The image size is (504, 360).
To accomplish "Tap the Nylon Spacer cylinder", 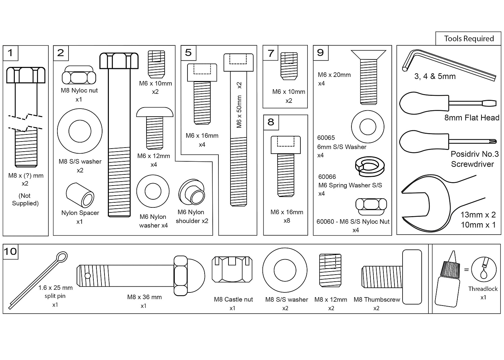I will pos(80,195).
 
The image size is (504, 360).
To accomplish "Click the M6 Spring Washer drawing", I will pos(370,166).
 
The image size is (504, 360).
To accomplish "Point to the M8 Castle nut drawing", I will pos(232,269).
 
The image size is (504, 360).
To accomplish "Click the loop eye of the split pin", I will pos(62,257).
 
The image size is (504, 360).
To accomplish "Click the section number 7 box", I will pos(271,53).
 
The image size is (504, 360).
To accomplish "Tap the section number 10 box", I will pos(10,251).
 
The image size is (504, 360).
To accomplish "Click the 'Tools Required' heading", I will pos(469,39).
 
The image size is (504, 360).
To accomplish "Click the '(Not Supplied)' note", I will pos(25,199).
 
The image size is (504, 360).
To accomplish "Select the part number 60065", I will pos(326,137).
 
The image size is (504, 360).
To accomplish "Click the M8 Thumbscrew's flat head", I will pos(412,276).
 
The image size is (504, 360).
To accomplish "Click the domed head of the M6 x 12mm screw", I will pos(155,112).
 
